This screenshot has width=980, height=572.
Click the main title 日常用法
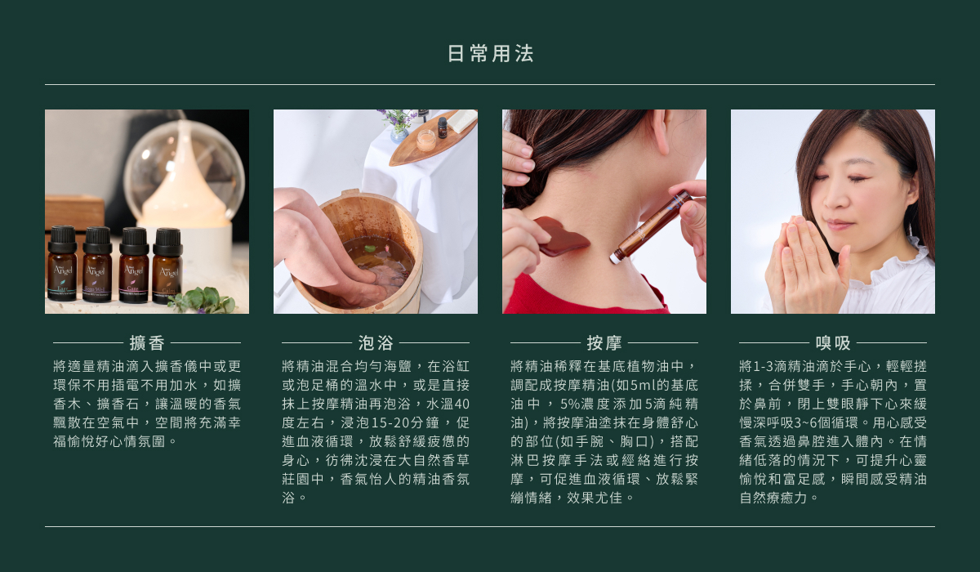490,53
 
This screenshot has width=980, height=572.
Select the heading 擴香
147,343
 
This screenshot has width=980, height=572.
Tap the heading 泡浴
376,343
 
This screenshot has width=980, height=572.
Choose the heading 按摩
604,343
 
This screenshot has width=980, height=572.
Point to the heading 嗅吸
833,343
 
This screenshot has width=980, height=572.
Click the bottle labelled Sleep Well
97,264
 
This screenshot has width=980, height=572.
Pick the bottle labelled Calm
167,266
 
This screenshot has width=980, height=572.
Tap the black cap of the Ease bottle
63,239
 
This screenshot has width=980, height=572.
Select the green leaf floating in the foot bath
369,249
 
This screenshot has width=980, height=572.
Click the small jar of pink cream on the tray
425,140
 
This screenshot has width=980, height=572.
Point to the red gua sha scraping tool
561,237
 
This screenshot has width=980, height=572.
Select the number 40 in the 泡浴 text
462,404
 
